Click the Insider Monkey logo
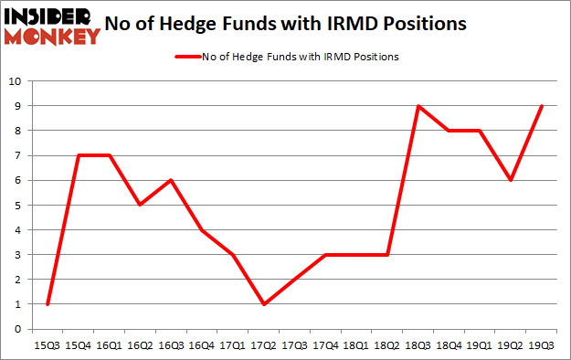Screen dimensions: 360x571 (51, 26)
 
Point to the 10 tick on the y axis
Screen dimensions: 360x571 (16, 81)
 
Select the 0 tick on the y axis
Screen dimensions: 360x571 (18, 330)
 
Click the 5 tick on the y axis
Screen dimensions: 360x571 (18, 206)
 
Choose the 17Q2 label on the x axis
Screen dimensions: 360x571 (264, 345)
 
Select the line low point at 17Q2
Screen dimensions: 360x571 (264, 304)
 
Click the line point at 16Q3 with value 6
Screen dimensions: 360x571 (171, 180)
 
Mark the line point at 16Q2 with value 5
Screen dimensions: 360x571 (140, 205)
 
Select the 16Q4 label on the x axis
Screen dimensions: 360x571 (202, 345)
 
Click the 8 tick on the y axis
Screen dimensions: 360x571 (18, 131)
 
